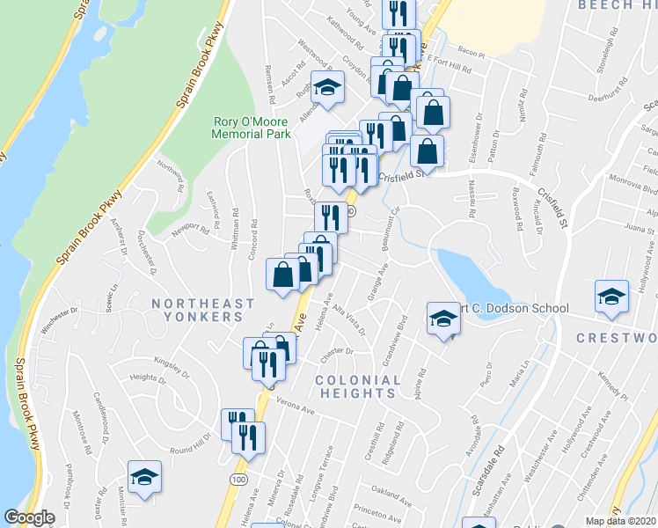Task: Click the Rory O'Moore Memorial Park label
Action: point(252,128)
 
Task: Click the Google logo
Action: point(29,517)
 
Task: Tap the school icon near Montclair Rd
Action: point(144,476)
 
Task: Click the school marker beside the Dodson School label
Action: point(444,319)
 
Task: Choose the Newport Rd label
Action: point(191,231)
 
